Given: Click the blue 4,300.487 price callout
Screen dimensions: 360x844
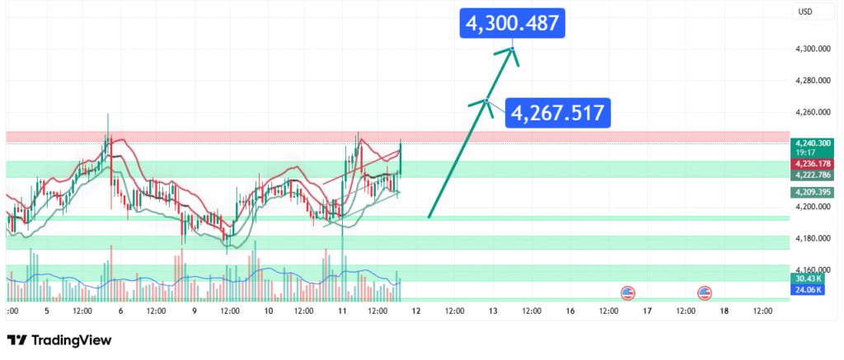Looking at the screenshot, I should tap(514, 24).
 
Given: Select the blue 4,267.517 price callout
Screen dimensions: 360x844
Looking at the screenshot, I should tap(558, 111).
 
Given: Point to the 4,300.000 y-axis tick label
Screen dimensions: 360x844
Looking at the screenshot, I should tap(811, 49).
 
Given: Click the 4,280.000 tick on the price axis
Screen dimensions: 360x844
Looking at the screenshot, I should tap(811, 81).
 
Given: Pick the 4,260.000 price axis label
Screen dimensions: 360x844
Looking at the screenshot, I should tap(811, 112).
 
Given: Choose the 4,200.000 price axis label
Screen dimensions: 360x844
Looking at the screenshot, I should tap(811, 207).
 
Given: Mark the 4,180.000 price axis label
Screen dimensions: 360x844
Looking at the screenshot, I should tap(811, 238).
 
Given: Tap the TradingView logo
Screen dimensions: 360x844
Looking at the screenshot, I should tap(59, 340).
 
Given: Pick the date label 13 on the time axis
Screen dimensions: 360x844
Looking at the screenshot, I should tap(493, 311).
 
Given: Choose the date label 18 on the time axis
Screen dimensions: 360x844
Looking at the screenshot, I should tap(724, 311).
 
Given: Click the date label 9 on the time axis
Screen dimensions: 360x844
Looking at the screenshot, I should tap(194, 311).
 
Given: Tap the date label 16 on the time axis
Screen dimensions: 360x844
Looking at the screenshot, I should tap(570, 311).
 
